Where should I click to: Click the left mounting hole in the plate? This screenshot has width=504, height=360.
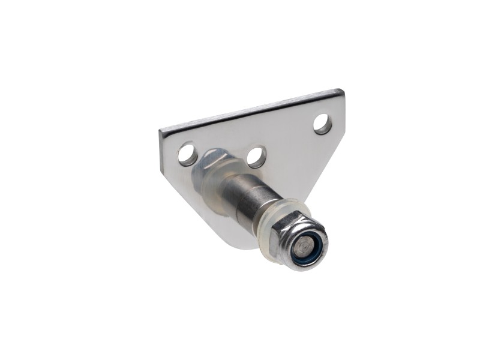click(x=187, y=154)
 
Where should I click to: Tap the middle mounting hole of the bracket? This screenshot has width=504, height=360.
click(x=257, y=157)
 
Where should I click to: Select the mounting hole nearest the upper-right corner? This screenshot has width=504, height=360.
click(x=323, y=124)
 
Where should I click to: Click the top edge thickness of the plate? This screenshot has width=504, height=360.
click(x=252, y=112)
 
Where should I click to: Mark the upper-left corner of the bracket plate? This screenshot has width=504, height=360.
click(x=161, y=130)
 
